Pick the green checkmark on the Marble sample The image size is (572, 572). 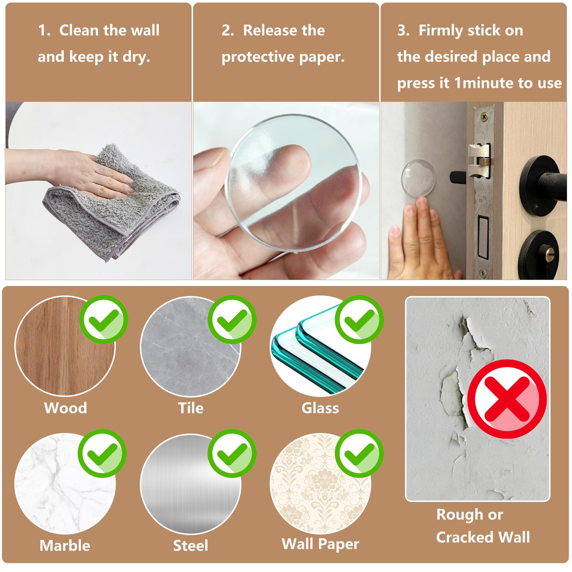[102, 453]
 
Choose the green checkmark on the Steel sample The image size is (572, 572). [232, 453]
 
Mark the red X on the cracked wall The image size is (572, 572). [507, 399]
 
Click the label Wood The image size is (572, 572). [65, 408]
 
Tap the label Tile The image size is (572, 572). [191, 408]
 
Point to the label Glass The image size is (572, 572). [320, 408]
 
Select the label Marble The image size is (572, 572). [65, 545]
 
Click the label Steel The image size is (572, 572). [191, 545]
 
